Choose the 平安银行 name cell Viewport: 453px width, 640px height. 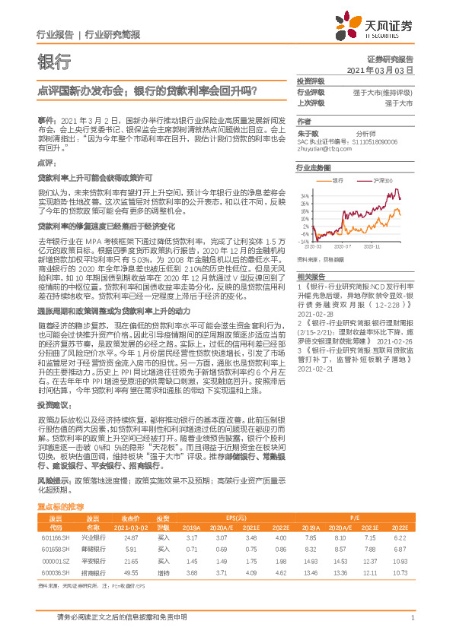[x=93, y=561]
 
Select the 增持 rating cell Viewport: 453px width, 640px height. [x=163, y=572]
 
